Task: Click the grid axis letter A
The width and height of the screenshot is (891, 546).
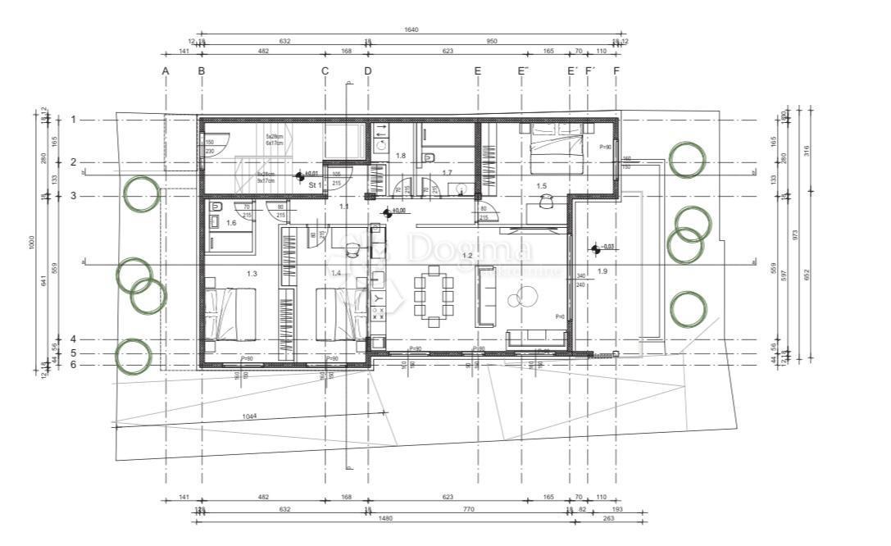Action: point(166,71)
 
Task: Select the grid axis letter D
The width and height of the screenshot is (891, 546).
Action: point(367,71)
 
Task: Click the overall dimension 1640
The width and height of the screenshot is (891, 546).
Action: point(411,30)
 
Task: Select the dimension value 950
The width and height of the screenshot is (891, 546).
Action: point(492,40)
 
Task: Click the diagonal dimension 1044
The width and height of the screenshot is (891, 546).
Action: point(250,416)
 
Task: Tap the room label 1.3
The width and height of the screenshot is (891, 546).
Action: point(252,273)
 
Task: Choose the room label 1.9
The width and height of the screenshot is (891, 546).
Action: point(602,271)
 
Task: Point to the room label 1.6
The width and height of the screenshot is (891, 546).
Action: point(231,223)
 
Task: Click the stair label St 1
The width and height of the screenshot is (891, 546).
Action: point(315,185)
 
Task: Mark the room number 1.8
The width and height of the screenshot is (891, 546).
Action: point(401,155)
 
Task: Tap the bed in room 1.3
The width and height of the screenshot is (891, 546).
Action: point(230,314)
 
